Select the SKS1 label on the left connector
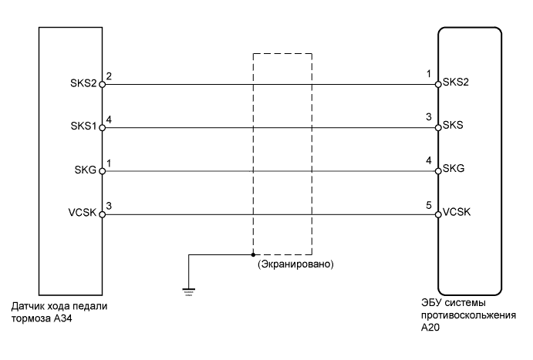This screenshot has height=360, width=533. tap(81, 126)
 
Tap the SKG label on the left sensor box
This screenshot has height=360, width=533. tap(85, 170)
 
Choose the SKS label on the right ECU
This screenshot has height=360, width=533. tap(451, 126)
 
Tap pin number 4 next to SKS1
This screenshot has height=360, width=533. tap(109, 119)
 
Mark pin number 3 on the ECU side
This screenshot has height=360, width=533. tap(430, 118)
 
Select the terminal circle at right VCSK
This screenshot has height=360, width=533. tap(437, 214)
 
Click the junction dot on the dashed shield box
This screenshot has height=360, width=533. tap(254, 254)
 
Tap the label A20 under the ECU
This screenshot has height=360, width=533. tap(429, 327)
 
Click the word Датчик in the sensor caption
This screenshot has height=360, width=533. tap(29, 306)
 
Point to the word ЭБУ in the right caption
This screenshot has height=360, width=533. tap(433, 304)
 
